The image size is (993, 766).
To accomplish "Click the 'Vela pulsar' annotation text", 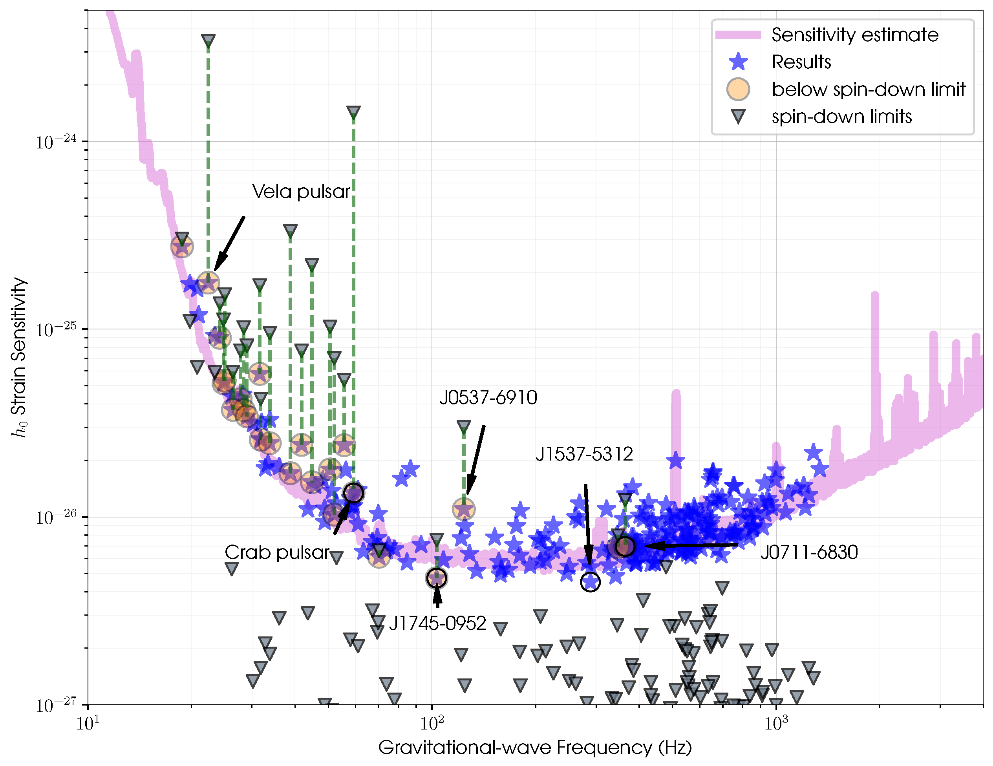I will (x=301, y=192).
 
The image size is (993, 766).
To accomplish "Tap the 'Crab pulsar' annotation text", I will (x=276, y=552).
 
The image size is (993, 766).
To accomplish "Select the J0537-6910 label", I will (x=488, y=398).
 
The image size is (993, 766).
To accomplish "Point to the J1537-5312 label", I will (x=584, y=454).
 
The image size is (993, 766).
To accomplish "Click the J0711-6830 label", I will (x=809, y=552).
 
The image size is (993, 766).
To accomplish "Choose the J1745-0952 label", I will (x=437, y=623).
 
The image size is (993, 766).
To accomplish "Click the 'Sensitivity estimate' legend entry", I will (x=855, y=35).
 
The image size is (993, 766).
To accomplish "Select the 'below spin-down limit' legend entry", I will (x=869, y=90).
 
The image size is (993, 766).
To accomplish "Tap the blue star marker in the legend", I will (x=739, y=62).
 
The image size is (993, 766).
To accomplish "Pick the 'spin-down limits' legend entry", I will (x=841, y=117).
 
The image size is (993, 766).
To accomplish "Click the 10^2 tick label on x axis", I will (x=432, y=723).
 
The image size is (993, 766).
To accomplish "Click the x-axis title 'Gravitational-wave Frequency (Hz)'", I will (x=535, y=748).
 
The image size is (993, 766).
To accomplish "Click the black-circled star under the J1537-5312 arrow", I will (x=590, y=581).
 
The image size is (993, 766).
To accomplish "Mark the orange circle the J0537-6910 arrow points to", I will (x=464, y=509).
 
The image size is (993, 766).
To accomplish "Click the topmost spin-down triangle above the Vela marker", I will (x=208, y=41).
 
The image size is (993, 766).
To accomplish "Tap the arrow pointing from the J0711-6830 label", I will (x=691, y=545).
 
